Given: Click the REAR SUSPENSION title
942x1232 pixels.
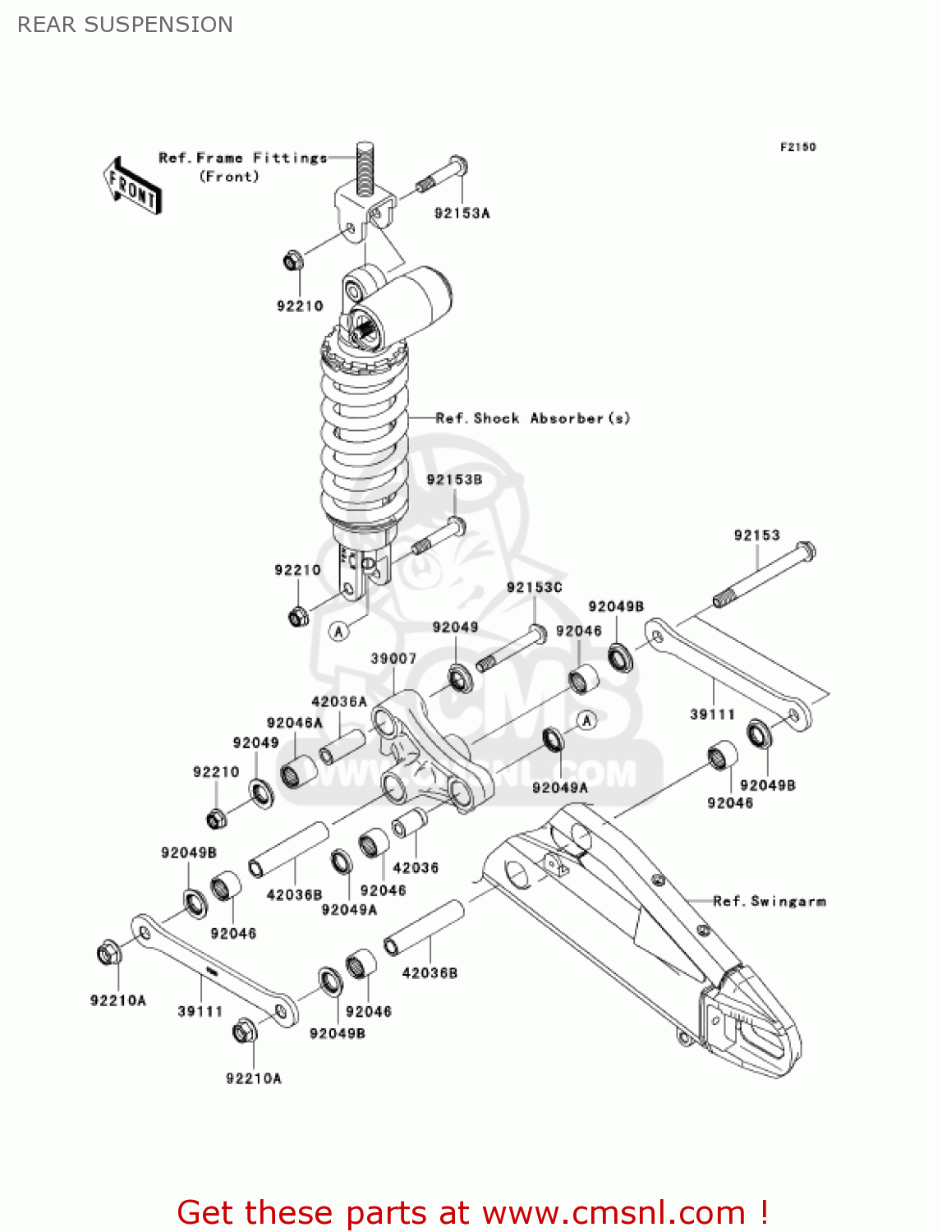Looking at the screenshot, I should (125, 25).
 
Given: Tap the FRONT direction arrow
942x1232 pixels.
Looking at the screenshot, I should (132, 186).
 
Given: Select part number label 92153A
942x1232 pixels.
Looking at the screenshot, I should (462, 214).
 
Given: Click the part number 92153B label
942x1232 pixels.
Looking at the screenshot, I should (454, 480).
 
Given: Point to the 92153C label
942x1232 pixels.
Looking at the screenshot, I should (534, 587).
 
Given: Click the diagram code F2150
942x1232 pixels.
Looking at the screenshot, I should (797, 147).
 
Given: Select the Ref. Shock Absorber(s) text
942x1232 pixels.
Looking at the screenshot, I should (533, 418).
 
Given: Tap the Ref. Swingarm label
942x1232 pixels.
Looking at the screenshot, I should (769, 901).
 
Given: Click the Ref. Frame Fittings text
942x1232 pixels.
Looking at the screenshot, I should (242, 158).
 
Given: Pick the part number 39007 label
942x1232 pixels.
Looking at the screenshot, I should (393, 659).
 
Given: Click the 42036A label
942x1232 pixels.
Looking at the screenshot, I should (338, 701).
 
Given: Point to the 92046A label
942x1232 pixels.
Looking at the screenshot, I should (294, 723).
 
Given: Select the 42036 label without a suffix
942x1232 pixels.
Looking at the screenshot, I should (416, 867).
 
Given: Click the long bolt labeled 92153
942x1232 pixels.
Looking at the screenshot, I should (765, 575).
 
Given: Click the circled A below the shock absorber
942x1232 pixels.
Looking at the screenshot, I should (339, 631).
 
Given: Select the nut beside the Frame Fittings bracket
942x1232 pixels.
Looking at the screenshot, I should (293, 261).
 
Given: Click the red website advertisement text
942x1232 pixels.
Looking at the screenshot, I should (472, 1212).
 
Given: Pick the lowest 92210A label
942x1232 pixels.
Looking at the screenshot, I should (254, 1078).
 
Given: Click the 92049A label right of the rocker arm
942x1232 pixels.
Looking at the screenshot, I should (560, 788).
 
